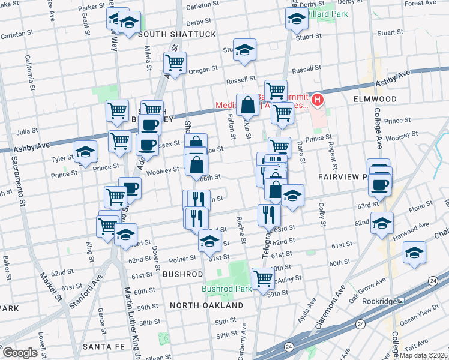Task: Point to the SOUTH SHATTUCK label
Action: click(177, 34)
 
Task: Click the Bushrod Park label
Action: click(227, 289)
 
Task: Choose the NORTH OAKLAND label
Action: click(206, 305)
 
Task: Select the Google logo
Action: click(20, 352)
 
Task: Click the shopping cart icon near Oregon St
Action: click(175, 62)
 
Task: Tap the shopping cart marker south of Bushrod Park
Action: click(263, 278)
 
